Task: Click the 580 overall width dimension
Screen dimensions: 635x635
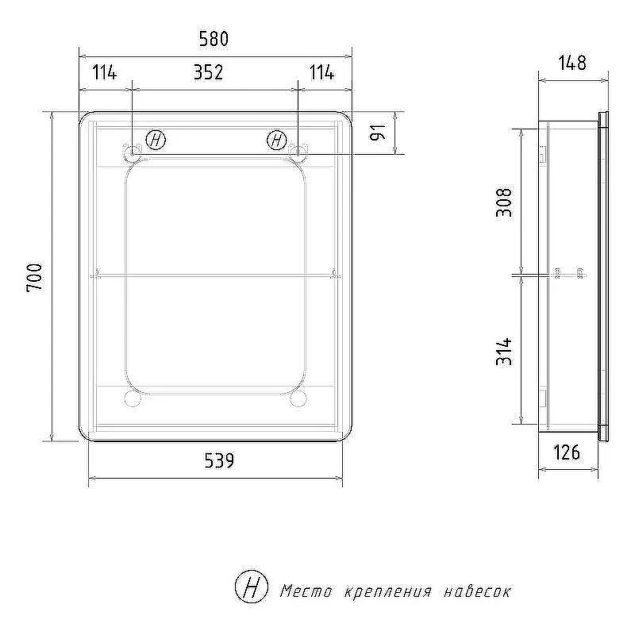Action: click(x=214, y=39)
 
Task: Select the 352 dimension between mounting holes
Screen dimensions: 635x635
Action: click(x=209, y=72)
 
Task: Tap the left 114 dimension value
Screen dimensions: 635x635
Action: click(x=105, y=72)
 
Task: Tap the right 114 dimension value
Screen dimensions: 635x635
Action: click(x=322, y=72)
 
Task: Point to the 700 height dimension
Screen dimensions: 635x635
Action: click(x=34, y=278)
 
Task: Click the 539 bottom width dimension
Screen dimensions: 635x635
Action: click(x=219, y=460)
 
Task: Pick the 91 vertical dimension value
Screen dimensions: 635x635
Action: click(x=378, y=133)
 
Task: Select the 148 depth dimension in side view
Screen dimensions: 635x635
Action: click(x=572, y=63)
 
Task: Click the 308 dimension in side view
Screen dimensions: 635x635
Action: click(x=504, y=202)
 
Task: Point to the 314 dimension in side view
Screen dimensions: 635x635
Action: click(x=504, y=352)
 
